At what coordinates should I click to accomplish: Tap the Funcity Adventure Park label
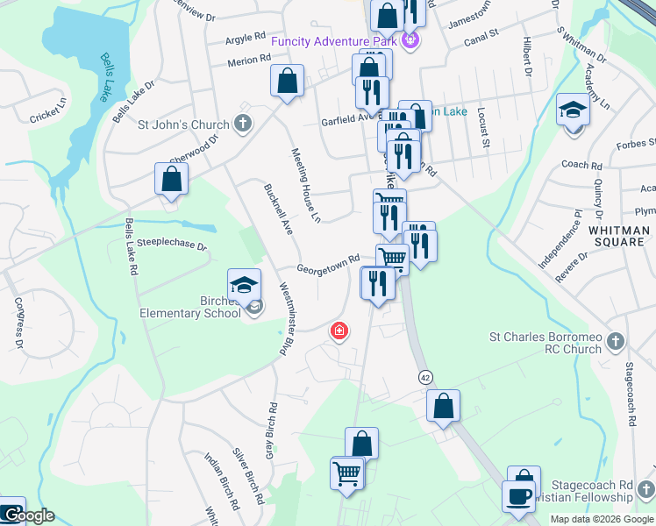tap(335, 41)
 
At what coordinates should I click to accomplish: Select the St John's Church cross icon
tap(244, 124)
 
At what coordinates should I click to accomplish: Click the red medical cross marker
tap(338, 331)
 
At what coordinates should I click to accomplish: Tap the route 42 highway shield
tap(425, 376)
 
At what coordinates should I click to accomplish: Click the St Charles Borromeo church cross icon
tap(617, 341)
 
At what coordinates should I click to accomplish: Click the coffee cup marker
tap(517, 496)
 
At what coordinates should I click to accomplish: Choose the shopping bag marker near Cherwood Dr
tap(172, 179)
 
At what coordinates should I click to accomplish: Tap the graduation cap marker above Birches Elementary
tap(245, 285)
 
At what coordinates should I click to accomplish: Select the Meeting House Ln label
tap(308, 183)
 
